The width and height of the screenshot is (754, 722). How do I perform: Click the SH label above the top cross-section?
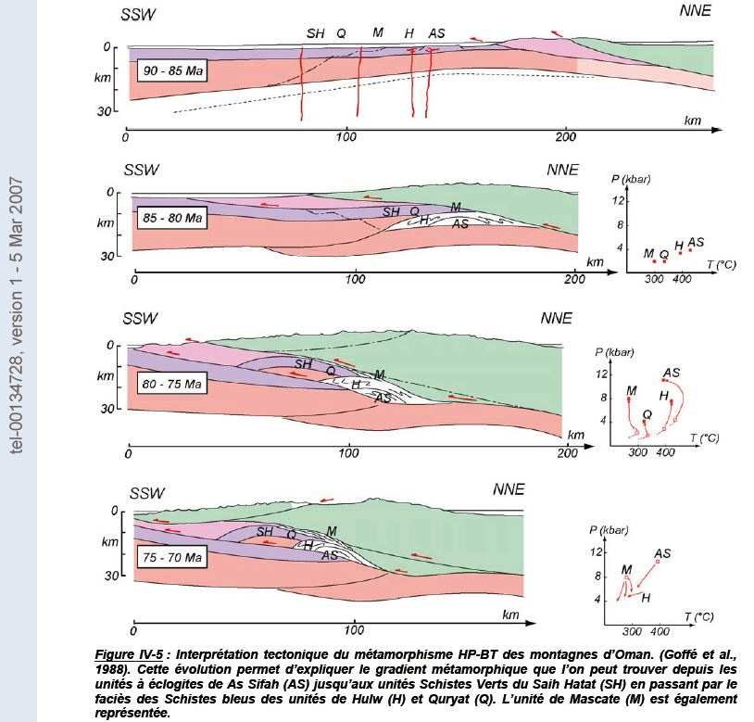click(316, 33)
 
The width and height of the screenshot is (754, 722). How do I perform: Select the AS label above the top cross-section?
click(436, 33)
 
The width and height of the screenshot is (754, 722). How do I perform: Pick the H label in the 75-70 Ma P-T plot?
click(646, 598)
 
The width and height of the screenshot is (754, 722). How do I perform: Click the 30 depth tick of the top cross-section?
click(105, 110)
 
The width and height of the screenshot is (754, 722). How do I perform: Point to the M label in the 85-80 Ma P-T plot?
click(648, 251)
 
